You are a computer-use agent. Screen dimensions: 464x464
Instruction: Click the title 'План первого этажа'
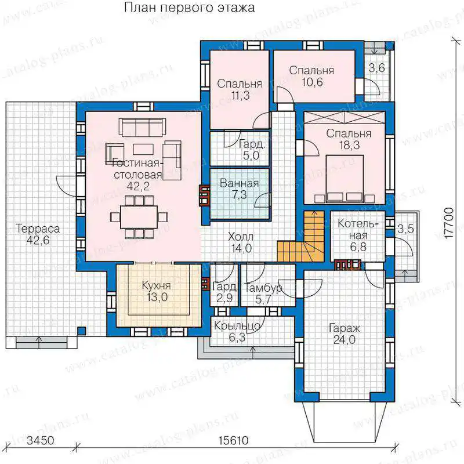pyautogui.click(x=189, y=8)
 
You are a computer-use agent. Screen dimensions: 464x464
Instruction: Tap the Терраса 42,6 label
pyautogui.click(x=38, y=234)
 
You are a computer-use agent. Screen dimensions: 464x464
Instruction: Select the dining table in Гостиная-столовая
pyautogui.click(x=139, y=217)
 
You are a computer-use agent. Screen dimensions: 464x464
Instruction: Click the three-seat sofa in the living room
pyautogui.click(x=142, y=128)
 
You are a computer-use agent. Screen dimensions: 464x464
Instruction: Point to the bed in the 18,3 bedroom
pyautogui.click(x=345, y=179)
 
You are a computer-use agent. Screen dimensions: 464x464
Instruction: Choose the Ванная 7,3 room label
pyautogui.click(x=240, y=189)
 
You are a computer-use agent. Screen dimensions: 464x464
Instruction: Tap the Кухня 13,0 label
pyautogui.click(x=157, y=292)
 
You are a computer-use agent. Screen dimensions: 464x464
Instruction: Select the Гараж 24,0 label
pyautogui.click(x=345, y=334)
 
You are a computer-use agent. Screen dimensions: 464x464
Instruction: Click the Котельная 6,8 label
pyautogui.click(x=358, y=235)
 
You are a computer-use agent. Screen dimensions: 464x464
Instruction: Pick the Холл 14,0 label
pyautogui.click(x=241, y=242)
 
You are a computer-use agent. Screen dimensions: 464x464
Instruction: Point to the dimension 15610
pyautogui.click(x=234, y=441)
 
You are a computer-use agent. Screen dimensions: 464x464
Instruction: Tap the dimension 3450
pyautogui.click(x=41, y=441)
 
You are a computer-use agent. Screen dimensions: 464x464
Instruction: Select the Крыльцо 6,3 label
pyautogui.click(x=237, y=332)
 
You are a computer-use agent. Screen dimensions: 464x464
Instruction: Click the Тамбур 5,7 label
pyautogui.click(x=263, y=293)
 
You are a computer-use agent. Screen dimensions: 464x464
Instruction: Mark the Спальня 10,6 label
pyautogui.click(x=312, y=76)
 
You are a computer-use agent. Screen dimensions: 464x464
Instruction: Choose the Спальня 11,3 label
pyautogui.click(x=240, y=89)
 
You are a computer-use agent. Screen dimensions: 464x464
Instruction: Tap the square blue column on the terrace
pyautogui.click(x=82, y=331)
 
